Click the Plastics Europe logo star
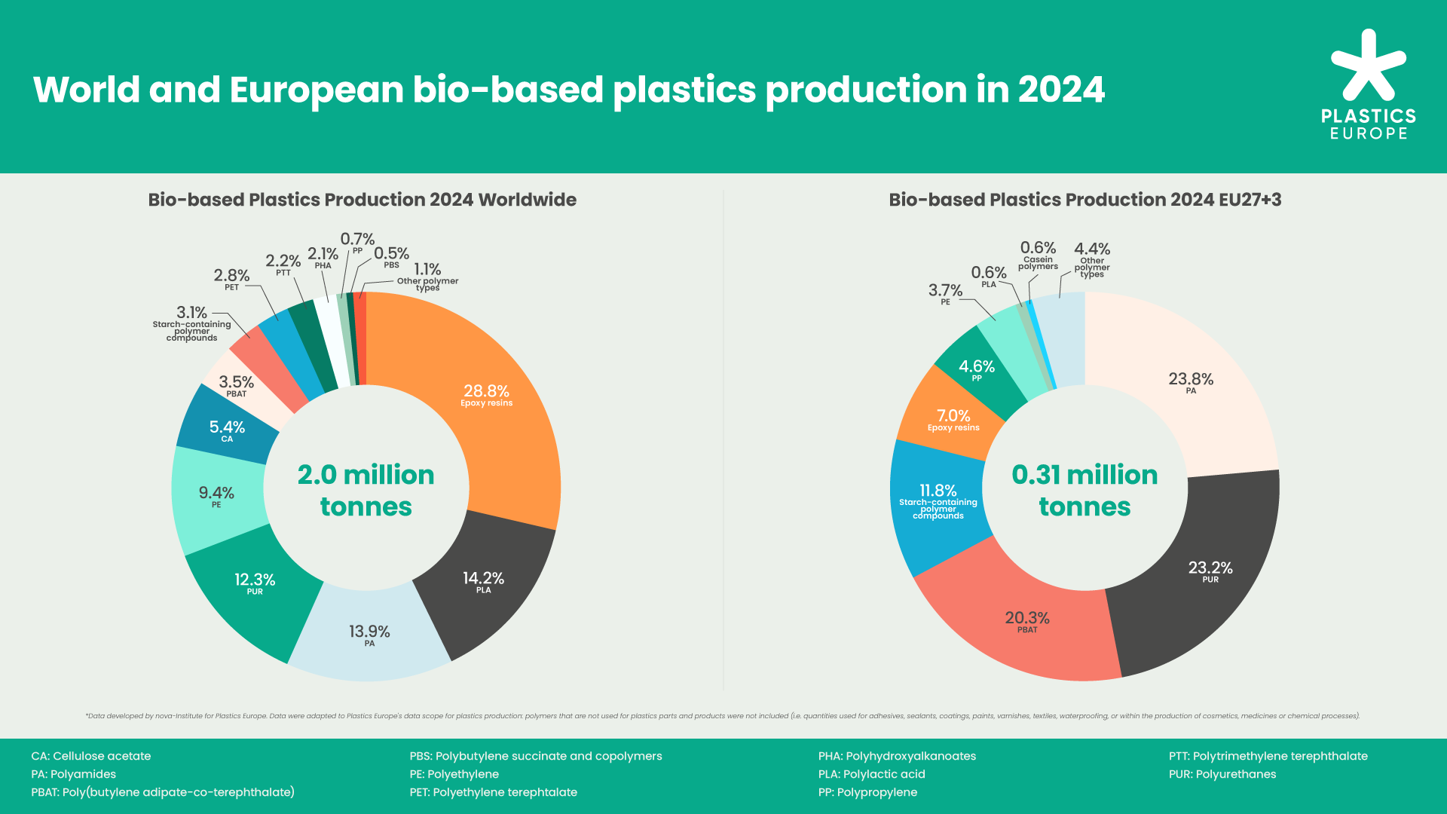click(x=1368, y=66)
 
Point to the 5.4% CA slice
click(x=227, y=430)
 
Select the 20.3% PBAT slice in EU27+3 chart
click(x=1026, y=622)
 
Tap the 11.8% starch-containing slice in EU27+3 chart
click(x=938, y=500)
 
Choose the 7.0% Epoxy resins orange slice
click(x=953, y=419)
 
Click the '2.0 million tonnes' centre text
click(x=366, y=490)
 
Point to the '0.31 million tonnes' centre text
click(x=1084, y=490)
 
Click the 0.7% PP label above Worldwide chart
click(x=357, y=243)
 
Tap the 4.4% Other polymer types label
click(x=1092, y=259)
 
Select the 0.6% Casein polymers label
click(x=1038, y=255)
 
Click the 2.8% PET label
click(x=231, y=278)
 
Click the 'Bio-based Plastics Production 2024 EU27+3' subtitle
click(x=1084, y=200)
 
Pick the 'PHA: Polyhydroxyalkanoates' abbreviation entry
click(x=897, y=756)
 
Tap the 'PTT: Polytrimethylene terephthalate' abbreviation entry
click(x=1268, y=756)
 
